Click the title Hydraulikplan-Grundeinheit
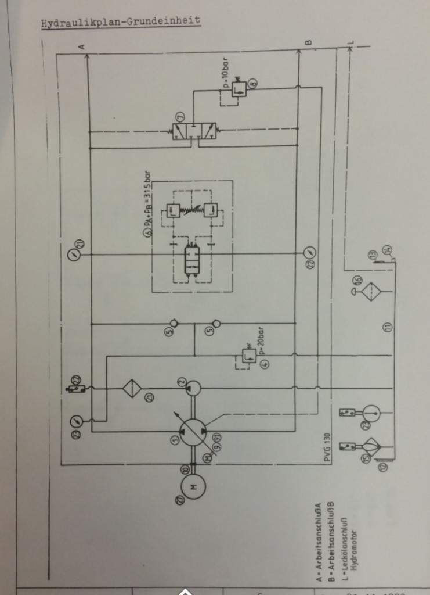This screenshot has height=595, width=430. click(x=121, y=23)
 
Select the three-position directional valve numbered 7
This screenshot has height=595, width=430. click(x=194, y=131)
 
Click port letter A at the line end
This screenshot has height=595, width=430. click(x=82, y=46)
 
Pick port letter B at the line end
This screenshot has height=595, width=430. click(x=309, y=42)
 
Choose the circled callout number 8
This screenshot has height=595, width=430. click(x=253, y=89)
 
